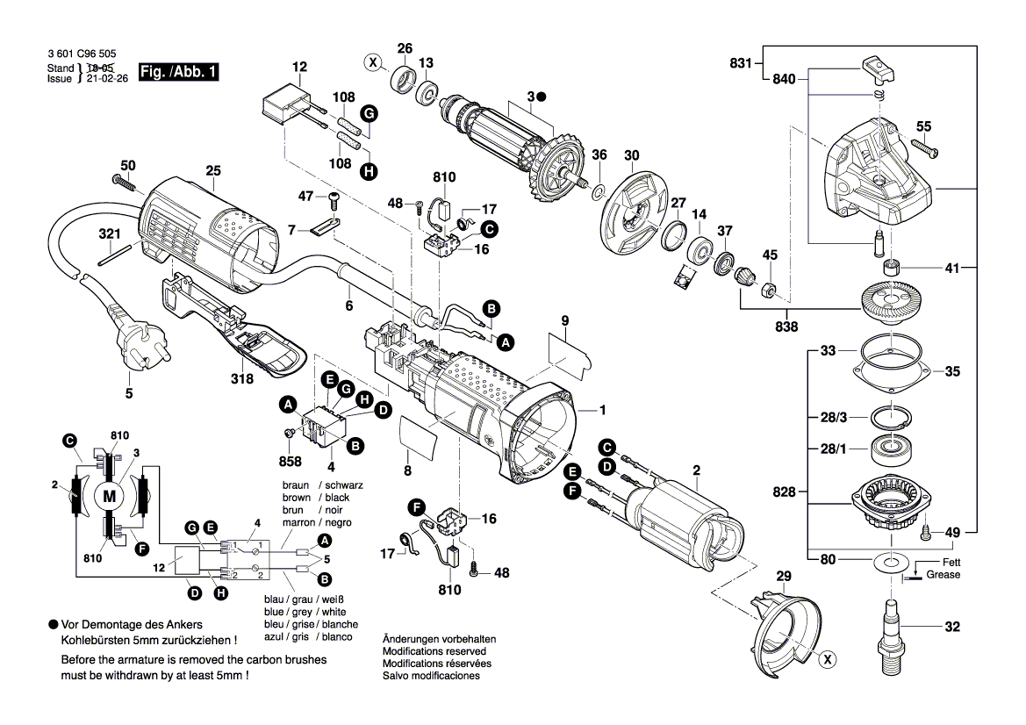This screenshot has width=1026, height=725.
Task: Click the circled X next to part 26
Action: point(373,63)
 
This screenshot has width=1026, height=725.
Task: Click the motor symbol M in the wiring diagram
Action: point(110,495)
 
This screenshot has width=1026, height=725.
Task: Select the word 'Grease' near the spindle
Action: point(943,575)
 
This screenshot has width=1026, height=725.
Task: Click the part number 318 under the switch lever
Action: point(242,379)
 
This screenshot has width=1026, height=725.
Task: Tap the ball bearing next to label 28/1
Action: point(890,451)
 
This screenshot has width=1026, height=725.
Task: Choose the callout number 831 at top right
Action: point(742,62)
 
